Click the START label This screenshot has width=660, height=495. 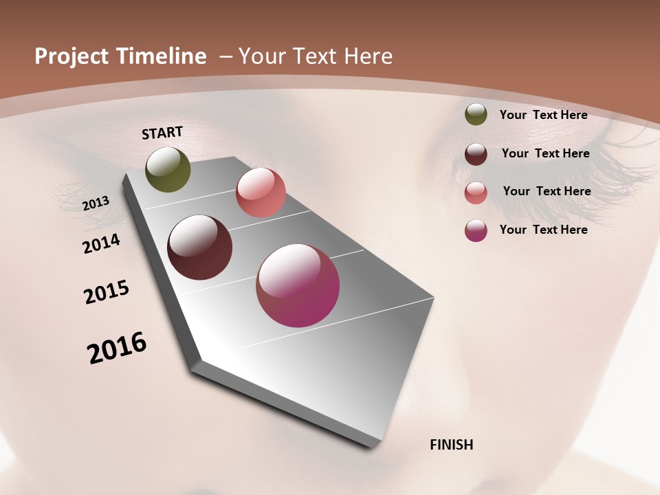point(162,133)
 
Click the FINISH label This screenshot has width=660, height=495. point(451,445)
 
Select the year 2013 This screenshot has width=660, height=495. point(96,203)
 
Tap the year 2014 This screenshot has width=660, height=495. point(102,244)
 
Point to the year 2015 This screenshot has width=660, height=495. point(107,293)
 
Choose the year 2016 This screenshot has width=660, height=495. point(117,348)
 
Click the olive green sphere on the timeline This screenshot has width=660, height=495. point(168,169)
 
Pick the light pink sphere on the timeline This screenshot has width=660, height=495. point(261,192)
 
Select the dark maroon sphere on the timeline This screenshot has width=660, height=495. point(199,247)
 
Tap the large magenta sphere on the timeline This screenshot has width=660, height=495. point(298,285)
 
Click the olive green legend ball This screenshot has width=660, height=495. point(476,115)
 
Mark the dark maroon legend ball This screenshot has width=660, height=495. point(476,154)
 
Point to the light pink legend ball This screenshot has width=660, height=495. point(476,192)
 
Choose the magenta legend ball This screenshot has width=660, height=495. point(476,230)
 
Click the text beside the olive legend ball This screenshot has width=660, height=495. point(543,115)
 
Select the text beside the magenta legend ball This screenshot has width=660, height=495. point(543,230)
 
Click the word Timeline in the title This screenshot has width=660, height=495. point(162,56)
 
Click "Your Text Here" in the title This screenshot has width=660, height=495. point(316,56)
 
